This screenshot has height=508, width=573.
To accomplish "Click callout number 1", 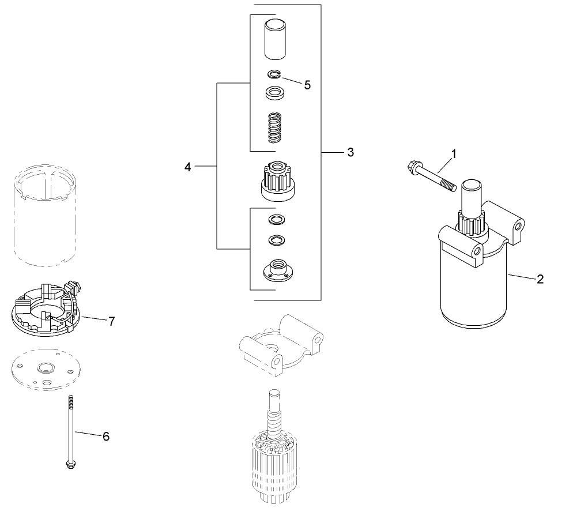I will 454,154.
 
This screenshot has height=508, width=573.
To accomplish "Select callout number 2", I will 540,279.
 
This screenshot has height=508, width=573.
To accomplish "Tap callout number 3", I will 350,152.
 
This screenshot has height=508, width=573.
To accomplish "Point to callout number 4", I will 187,167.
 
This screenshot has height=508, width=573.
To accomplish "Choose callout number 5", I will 307,85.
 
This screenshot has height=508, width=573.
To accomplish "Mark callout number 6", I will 105,436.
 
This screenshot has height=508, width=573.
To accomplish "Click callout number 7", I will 112,321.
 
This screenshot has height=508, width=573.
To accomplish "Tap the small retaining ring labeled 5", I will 274,73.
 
